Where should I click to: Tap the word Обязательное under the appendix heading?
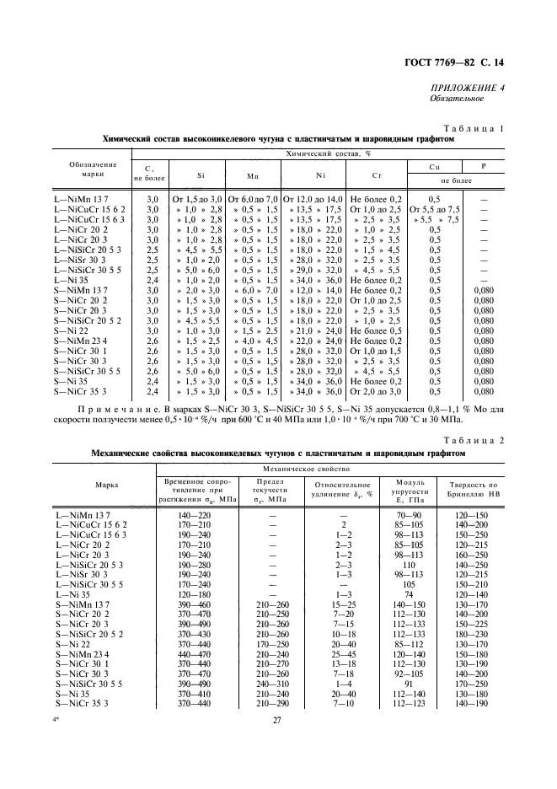click(x=455, y=99)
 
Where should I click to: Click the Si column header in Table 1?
click(x=201, y=177)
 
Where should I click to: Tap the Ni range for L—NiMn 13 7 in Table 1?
click(x=313, y=197)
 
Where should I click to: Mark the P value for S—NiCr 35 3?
click(x=484, y=392)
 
